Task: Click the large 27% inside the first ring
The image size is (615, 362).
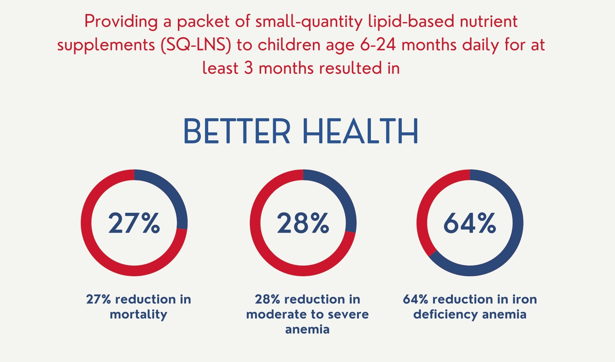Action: pos(134,223)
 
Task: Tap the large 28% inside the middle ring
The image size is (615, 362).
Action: pos(303,223)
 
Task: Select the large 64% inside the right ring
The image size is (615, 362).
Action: pos(470,223)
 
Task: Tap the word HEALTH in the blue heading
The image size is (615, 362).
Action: pos(360,131)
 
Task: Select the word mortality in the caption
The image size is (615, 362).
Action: pos(138,314)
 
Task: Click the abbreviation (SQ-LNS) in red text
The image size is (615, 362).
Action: pos(196,45)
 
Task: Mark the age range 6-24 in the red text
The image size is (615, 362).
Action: pos(378,45)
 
